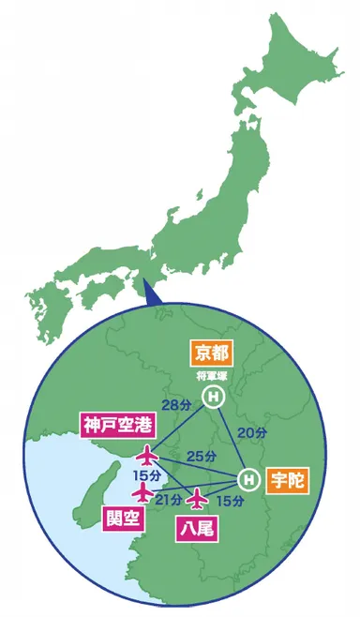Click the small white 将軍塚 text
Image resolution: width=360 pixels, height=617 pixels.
(213, 376)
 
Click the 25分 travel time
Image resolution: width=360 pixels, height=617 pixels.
(198, 456)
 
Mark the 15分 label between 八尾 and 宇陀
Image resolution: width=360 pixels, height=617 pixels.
(230, 503)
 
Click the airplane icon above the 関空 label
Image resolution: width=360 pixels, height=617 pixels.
(142, 491)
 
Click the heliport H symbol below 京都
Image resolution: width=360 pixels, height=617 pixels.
(213, 398)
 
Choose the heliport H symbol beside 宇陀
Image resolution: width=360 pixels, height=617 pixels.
(247, 479)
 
